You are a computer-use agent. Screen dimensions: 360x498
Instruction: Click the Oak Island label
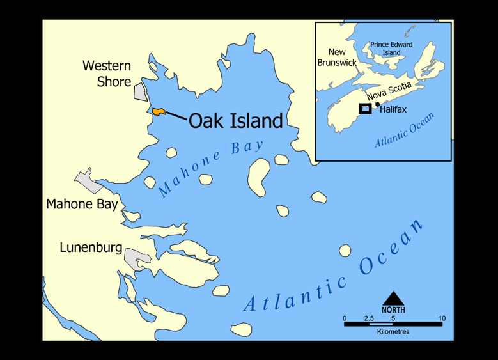click(x=235, y=121)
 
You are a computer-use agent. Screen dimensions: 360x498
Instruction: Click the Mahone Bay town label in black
click(x=82, y=205)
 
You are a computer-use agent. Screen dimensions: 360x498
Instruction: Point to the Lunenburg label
click(x=91, y=247)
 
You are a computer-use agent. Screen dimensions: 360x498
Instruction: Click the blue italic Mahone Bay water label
click(x=210, y=168)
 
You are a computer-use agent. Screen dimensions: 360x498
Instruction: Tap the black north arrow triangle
click(x=393, y=299)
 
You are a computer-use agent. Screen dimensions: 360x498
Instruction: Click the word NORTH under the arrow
click(x=393, y=310)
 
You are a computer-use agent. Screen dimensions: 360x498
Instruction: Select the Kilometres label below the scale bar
click(x=393, y=332)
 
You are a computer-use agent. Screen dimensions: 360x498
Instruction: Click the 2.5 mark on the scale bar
click(x=369, y=318)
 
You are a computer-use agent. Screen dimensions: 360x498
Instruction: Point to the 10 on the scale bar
click(x=442, y=318)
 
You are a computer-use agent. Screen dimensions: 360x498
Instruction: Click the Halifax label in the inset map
click(x=393, y=110)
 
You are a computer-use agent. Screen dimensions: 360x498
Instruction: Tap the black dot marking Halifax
click(x=378, y=104)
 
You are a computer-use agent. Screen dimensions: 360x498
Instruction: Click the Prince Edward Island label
click(x=391, y=49)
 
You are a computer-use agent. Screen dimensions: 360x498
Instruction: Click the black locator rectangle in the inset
click(x=365, y=109)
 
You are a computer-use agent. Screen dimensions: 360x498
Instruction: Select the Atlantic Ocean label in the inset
click(x=405, y=130)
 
